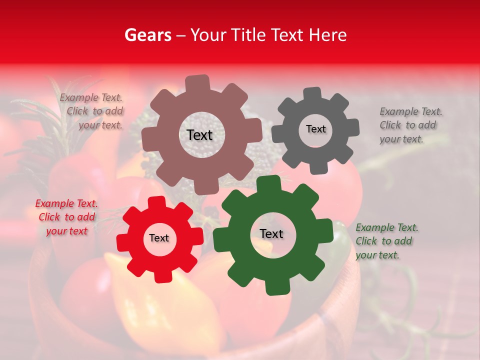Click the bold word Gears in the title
click(x=147, y=35)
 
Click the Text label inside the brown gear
click(x=199, y=135)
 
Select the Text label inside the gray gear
click(x=315, y=129)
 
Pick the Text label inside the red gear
click(x=159, y=238)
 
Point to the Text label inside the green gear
click(x=271, y=234)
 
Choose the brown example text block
click(x=92, y=111)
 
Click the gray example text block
click(x=410, y=125)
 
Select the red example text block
click(x=66, y=217)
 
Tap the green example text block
click(x=386, y=241)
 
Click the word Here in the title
click(x=328, y=35)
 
